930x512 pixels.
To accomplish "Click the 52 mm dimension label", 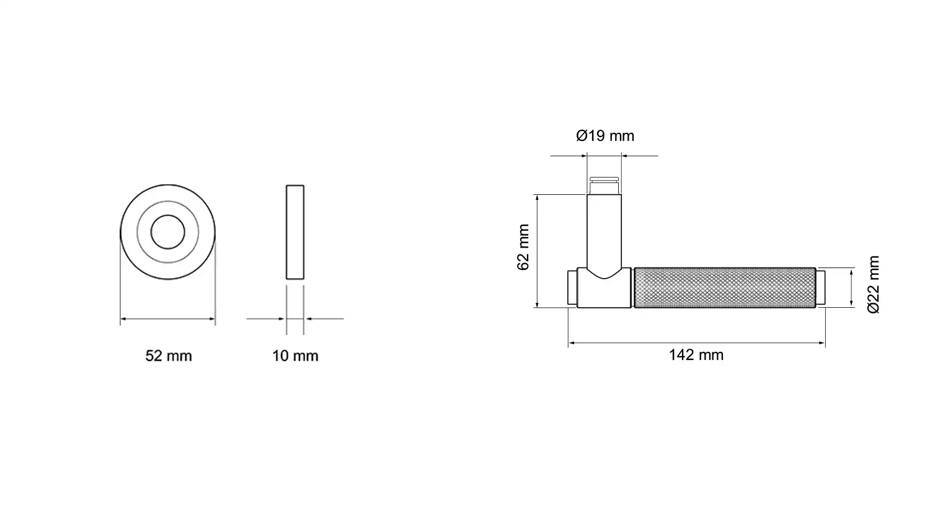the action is pyautogui.click(x=169, y=356).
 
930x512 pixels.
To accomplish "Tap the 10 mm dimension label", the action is pyautogui.click(x=295, y=356).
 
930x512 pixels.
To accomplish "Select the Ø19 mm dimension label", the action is pyautogui.click(x=605, y=136).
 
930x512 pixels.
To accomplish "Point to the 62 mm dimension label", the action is pyautogui.click(x=523, y=247).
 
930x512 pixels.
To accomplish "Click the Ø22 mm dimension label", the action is pyautogui.click(x=874, y=285).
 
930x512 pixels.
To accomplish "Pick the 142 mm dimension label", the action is pyautogui.click(x=696, y=356).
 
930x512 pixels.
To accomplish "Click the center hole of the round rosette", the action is pyautogui.click(x=168, y=232).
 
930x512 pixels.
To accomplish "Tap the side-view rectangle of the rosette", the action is pyautogui.click(x=295, y=232).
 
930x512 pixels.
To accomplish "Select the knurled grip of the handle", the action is pyautogui.click(x=725, y=287).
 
